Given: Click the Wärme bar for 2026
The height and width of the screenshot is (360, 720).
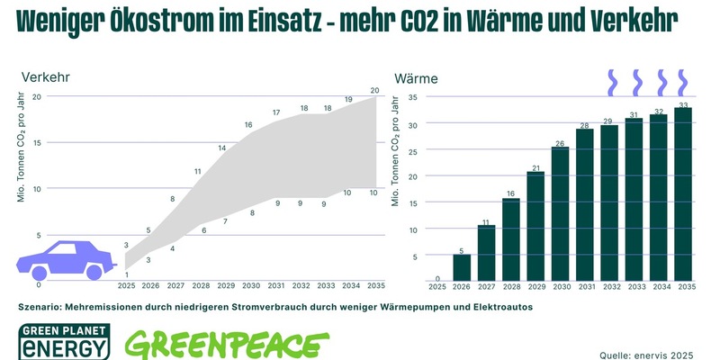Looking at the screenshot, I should [x=462, y=267].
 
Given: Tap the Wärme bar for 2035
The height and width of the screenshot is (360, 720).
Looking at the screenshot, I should [x=683, y=194].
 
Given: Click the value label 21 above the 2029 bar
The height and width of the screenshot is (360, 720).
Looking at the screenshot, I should [x=535, y=168].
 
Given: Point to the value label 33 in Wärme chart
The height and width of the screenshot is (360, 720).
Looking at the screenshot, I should [x=683, y=104].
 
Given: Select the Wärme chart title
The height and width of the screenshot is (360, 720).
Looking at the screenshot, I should [x=417, y=78].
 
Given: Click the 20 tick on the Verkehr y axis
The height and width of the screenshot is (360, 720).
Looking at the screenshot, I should [x=37, y=96].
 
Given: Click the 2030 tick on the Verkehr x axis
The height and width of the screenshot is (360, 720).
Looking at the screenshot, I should [x=251, y=286].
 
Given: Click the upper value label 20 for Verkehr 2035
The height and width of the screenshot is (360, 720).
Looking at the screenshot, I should [x=373, y=90].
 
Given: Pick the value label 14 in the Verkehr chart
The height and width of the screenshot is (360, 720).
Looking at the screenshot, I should [x=221, y=148].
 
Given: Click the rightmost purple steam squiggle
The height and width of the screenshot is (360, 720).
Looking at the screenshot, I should [x=683, y=82].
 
